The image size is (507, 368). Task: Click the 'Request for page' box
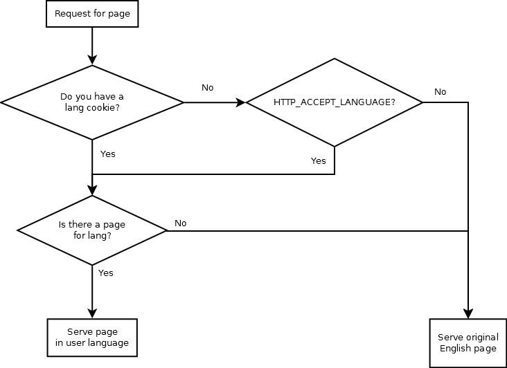(92, 14)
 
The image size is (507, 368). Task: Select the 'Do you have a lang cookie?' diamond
(92, 102)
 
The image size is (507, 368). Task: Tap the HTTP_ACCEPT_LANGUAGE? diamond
(335, 102)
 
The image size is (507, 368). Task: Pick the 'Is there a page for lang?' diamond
(92, 230)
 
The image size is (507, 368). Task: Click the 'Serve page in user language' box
(92, 337)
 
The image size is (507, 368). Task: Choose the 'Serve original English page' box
(468, 343)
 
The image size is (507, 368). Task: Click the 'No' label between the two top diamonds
(207, 88)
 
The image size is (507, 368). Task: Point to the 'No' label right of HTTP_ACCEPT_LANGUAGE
(440, 92)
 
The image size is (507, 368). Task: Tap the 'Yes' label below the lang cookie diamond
(107, 154)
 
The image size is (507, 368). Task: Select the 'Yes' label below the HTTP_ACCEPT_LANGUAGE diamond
(318, 160)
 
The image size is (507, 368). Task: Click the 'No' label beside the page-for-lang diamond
(180, 223)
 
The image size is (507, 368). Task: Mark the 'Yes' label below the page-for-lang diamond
(105, 273)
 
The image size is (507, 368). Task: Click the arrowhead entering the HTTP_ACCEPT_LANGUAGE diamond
(241, 102)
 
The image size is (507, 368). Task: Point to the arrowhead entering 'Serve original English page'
(468, 313)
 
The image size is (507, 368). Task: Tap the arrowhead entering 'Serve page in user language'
(92, 313)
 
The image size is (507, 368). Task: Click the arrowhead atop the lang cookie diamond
(92, 61)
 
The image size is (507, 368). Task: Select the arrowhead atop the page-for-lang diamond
(92, 191)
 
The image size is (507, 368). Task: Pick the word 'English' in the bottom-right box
(455, 348)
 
